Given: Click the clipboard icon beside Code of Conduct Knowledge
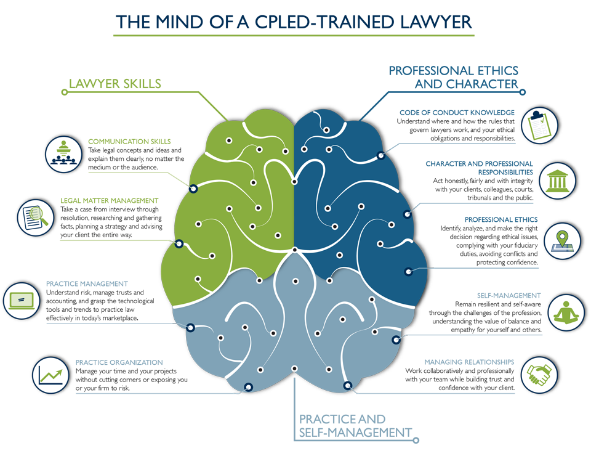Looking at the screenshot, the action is (539, 125).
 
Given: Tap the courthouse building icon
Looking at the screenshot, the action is (558, 181).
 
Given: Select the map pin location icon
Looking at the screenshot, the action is (562, 241).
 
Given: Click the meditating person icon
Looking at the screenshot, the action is (566, 312).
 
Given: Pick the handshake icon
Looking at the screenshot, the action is (539, 375).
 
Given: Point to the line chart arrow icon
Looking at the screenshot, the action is (50, 375).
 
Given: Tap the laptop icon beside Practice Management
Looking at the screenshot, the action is (22, 301).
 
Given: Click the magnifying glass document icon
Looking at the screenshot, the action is (36, 218).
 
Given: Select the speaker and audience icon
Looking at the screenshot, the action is (63, 154).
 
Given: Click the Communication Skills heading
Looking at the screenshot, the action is (129, 142).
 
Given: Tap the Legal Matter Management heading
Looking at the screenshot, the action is (110, 201).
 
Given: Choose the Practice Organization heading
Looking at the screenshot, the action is (119, 362).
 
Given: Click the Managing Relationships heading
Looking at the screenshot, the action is (469, 362).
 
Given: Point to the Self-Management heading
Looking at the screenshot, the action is (509, 296).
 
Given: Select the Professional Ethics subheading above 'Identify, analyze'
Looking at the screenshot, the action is (501, 219).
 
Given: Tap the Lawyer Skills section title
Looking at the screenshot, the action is (115, 83).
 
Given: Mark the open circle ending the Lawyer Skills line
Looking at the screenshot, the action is (65, 92).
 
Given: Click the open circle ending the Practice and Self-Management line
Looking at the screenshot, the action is (416, 440).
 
